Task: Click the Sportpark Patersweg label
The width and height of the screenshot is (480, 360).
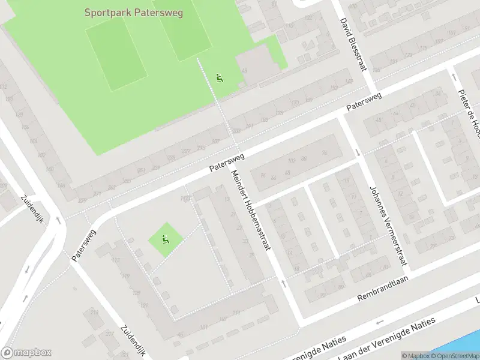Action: point(133,12)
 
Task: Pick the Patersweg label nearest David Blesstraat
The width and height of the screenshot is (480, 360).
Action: point(364,103)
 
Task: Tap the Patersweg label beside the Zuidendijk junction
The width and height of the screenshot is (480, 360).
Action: point(83,244)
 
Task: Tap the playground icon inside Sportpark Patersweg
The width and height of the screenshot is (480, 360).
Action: point(220,78)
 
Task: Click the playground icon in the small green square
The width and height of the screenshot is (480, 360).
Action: point(165,241)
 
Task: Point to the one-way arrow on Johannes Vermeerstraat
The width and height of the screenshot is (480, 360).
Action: point(358,152)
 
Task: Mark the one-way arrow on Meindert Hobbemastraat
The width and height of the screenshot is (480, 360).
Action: point(284,282)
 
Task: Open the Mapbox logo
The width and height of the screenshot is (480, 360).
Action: point(27,353)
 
